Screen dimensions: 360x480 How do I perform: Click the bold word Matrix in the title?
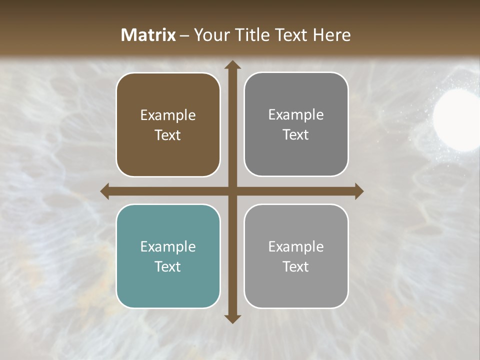point(148,35)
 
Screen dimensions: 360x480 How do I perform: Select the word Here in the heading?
point(331,35)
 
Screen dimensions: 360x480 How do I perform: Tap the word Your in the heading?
point(209,35)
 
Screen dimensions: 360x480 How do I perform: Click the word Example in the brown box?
point(168,115)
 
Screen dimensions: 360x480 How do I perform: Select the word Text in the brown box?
point(168,135)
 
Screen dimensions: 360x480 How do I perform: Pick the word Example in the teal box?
point(168,246)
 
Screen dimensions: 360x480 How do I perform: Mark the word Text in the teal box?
point(168,266)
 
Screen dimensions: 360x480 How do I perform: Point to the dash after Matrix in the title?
point(184,35)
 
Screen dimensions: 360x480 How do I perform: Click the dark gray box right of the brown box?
point(296,124)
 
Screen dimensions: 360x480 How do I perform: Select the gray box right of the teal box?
point(296,256)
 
